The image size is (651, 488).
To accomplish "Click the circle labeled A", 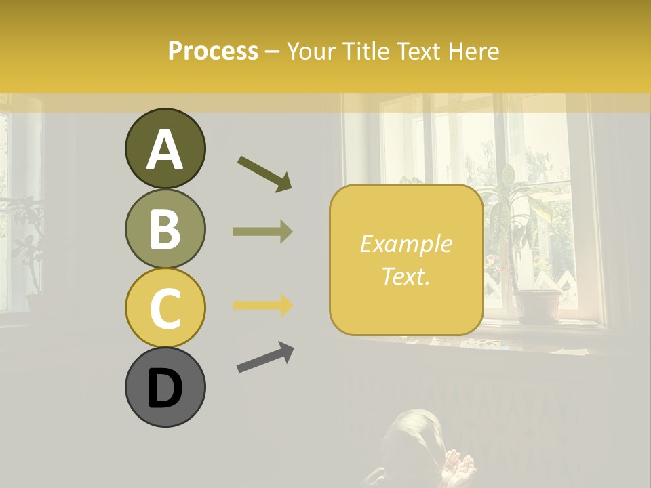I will pos(165,149).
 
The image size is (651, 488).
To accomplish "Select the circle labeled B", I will pos(165,228).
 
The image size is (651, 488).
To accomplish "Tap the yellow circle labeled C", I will pos(165,308).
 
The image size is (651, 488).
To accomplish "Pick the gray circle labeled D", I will pos(165,387).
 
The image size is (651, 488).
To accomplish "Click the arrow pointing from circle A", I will pos(264,173).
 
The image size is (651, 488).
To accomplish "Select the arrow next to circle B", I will pos(262,231).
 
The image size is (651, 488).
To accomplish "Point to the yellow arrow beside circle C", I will pos(262,305).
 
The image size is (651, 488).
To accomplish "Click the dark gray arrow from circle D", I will pos(265,357).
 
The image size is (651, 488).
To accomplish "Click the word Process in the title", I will pos(213,51).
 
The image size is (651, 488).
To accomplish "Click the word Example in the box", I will pos(406,244).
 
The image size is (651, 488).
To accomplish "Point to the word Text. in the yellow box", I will pos(406,277).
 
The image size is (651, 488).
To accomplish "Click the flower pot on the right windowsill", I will pos(536,306).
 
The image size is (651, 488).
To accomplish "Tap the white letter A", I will pos(165,149).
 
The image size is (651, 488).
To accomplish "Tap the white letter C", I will pos(165,308).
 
